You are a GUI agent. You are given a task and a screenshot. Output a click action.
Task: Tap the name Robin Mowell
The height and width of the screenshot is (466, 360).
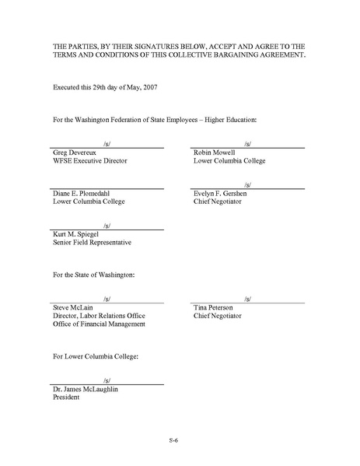tap(215, 152)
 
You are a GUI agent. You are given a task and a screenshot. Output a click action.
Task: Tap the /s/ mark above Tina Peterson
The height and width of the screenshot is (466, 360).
tap(246, 299)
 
